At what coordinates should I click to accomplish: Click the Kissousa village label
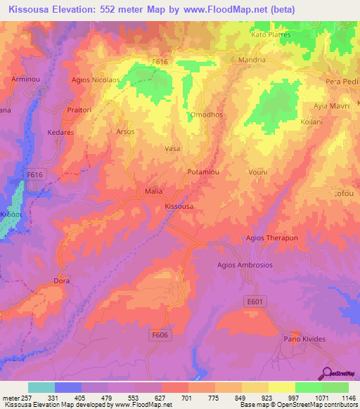point(179,207)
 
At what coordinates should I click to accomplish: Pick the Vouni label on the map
point(258,171)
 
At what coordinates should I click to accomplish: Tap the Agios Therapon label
point(271,238)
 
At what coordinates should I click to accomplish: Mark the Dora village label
point(62,281)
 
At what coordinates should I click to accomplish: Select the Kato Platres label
point(271,34)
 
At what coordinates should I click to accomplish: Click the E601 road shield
point(256,301)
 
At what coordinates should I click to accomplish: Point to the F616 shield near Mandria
point(160,62)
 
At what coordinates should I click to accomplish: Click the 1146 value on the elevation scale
point(340,398)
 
